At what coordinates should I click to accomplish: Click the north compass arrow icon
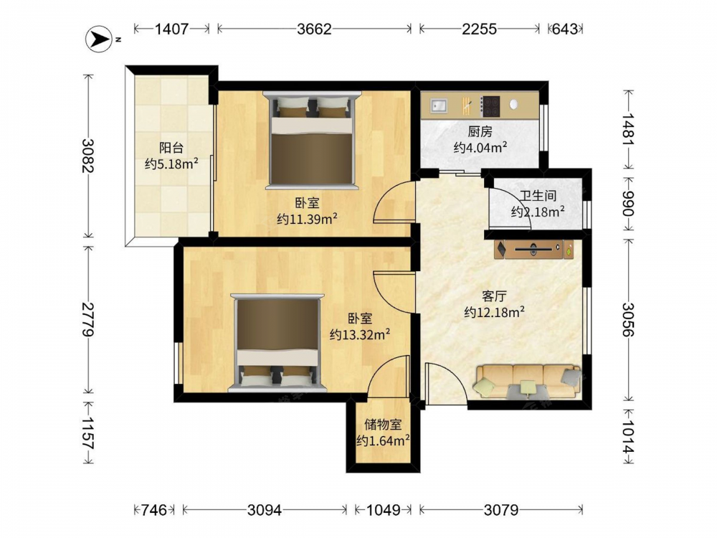99,39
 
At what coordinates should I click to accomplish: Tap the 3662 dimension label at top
314,29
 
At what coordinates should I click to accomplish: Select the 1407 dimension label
171,29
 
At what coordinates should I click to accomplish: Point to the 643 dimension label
565,29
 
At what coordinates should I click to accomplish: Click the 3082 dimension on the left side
87,156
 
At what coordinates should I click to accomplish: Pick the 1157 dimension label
87,433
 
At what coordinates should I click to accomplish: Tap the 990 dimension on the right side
628,204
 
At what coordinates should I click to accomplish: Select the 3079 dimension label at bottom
500,509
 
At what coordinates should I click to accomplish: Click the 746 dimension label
153,509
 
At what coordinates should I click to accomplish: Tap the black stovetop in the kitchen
491,105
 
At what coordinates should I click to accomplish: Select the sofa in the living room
528,381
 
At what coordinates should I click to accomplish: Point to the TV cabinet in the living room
533,250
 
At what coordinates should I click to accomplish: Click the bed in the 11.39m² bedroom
312,140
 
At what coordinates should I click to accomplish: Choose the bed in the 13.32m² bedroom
277,343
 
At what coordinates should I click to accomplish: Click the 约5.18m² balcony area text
171,164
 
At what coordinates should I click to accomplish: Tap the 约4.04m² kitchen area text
480,147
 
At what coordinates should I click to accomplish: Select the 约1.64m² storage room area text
383,440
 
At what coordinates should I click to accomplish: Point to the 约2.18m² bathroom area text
538,212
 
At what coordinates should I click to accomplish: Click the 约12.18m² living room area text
494,312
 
